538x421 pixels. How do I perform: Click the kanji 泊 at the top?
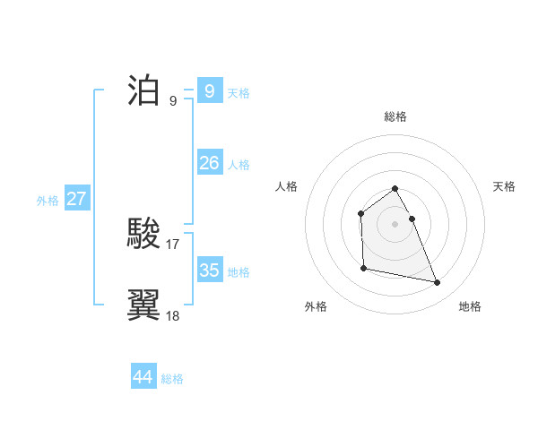click(144, 91)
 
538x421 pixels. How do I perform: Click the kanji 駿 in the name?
click(144, 235)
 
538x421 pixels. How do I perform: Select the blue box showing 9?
click(209, 91)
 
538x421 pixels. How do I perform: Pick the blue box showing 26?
click(209, 163)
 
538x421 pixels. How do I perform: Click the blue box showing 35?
click(209, 270)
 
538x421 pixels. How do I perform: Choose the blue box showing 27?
click(76, 199)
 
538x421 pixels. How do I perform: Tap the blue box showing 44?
click(143, 377)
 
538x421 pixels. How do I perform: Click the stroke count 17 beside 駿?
click(173, 244)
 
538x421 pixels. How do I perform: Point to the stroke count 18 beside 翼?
click(173, 315)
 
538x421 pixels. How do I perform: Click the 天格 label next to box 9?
click(239, 93)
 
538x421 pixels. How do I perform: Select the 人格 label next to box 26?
click(239, 165)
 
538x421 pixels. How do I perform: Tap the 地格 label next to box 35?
click(239, 271)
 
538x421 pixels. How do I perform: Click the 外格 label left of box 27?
click(48, 201)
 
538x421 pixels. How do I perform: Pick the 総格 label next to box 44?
click(172, 379)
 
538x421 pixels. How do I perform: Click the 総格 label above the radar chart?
click(395, 116)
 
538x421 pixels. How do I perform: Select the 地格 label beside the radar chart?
click(470, 306)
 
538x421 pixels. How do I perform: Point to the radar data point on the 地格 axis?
click(438, 283)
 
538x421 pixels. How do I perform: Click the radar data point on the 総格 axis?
click(395, 188)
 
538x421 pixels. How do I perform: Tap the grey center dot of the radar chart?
click(395, 224)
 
